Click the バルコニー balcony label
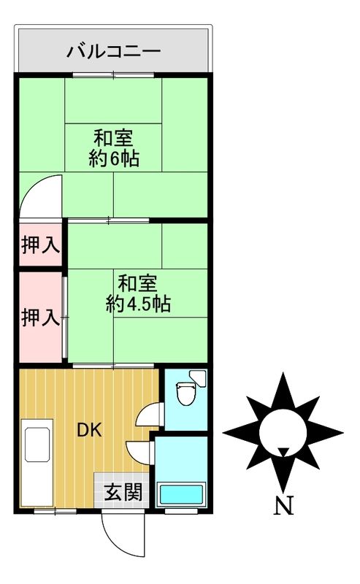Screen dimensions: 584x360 coord(113,51)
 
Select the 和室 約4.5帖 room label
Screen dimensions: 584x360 coord(138,293)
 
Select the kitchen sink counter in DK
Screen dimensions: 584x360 coord(37,464)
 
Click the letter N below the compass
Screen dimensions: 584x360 coord(282,504)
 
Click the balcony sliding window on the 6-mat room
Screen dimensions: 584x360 coord(113,74)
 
